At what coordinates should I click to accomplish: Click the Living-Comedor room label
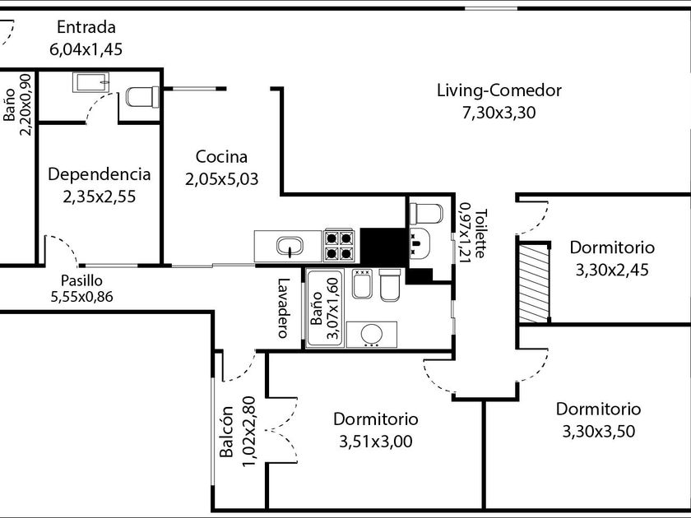click(x=499, y=90)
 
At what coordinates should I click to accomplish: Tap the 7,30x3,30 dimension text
click(x=499, y=113)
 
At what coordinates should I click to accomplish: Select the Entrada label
click(x=86, y=28)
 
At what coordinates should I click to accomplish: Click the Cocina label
click(x=221, y=156)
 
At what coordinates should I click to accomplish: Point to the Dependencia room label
click(x=100, y=174)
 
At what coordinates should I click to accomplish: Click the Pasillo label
click(x=81, y=280)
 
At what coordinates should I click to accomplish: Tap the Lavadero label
click(x=283, y=308)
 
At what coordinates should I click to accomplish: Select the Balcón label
click(x=228, y=432)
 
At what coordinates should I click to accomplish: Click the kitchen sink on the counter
click(x=289, y=246)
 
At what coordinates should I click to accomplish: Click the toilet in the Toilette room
click(x=426, y=213)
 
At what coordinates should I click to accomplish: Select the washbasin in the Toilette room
click(x=419, y=244)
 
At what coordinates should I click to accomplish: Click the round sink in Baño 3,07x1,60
click(x=371, y=335)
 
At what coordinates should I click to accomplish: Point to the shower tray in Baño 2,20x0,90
click(x=90, y=81)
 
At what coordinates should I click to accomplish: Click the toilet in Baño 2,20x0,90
click(x=141, y=97)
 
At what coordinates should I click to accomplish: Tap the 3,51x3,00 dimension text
click(x=375, y=442)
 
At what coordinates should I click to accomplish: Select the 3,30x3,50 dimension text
click(x=598, y=430)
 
